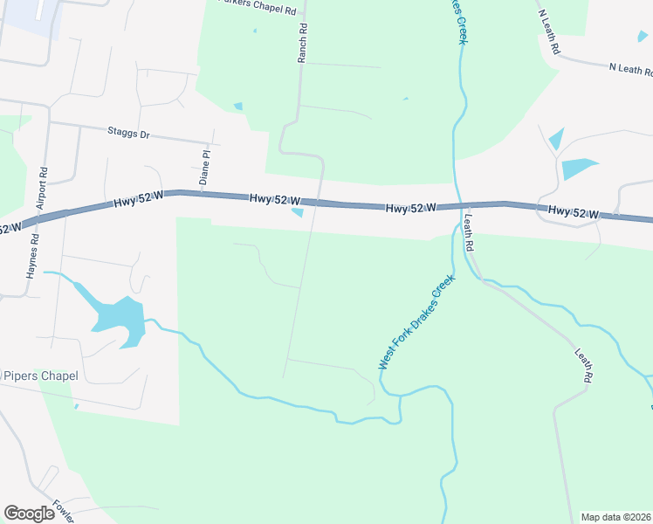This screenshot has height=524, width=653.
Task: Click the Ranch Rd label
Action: [x=303, y=42]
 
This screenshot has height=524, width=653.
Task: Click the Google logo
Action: [x=29, y=514]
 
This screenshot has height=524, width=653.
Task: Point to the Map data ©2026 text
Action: [x=615, y=517]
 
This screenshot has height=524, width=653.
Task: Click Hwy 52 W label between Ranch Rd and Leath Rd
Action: [x=410, y=208]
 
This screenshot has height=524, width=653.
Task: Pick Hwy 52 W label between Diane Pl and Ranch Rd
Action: [x=275, y=199]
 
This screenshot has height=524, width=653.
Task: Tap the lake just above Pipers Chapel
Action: [x=118, y=321]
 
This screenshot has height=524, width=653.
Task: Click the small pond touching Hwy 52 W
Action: [x=298, y=212]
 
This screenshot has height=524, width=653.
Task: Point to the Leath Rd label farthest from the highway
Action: [x=584, y=366]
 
